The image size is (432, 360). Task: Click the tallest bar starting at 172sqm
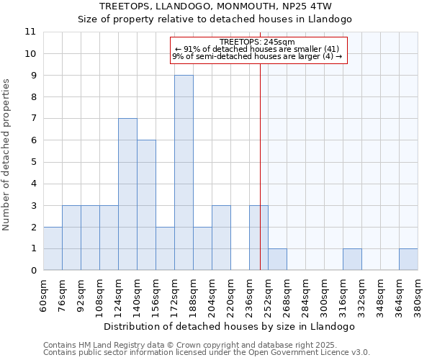coord(184,173)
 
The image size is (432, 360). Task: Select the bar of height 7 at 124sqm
coord(127,194)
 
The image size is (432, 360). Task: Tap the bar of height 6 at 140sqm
coord(146,205)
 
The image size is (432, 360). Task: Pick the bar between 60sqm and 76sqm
coord(53,248)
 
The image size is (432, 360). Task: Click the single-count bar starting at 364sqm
coord(408,259)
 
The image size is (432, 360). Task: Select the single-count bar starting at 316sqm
coord(352,259)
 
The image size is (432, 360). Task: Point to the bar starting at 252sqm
coord(277,259)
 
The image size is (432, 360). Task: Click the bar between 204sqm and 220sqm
coord(221,238)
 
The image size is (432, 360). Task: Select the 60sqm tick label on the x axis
coord(43,296)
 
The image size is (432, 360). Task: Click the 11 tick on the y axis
coord(30,32)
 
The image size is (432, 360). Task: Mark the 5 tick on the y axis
coord(33,162)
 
